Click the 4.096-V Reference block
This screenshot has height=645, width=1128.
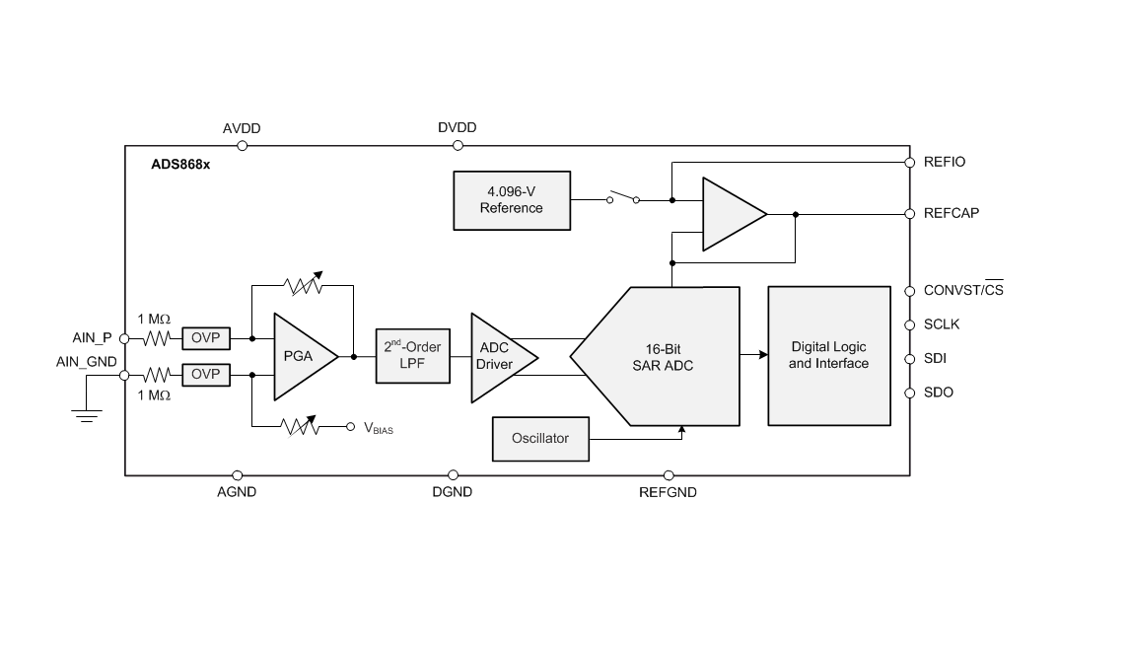pos(512,200)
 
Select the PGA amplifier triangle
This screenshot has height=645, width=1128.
pos(300,356)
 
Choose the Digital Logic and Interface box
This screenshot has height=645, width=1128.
pos(828,356)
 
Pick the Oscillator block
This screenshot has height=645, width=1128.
pos(540,438)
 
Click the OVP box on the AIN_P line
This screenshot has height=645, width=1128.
pos(205,338)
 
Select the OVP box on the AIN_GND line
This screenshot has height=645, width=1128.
pos(205,375)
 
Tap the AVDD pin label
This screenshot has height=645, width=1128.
pos(242,128)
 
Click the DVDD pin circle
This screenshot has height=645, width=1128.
pos(458,146)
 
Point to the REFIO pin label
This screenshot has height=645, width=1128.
pos(945,162)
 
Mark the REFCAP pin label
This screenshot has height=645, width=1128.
pos(951,213)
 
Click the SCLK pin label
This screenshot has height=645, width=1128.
pos(942,324)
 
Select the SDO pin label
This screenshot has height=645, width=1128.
pos(939,393)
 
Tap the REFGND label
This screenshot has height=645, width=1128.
pos(668,492)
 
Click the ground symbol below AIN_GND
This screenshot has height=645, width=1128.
pos(87,415)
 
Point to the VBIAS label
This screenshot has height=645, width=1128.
pos(379,429)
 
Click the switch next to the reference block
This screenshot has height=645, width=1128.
pos(622,198)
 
